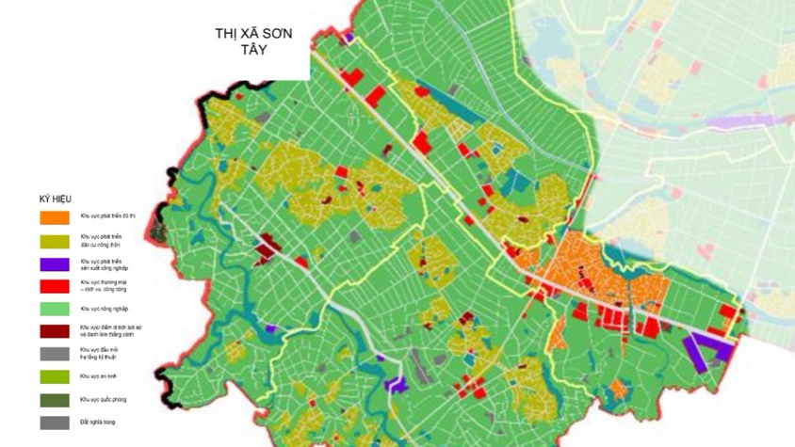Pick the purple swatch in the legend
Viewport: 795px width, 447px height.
(x=55, y=263)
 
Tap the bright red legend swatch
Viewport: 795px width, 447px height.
(x=55, y=285)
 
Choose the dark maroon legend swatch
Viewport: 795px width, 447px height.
(x=55, y=330)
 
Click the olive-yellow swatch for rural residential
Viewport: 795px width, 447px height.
(x=55, y=241)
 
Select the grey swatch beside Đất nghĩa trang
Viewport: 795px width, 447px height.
(x=55, y=423)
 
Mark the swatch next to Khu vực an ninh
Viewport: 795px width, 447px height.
(x=55, y=376)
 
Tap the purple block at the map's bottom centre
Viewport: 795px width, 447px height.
(x=396, y=384)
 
